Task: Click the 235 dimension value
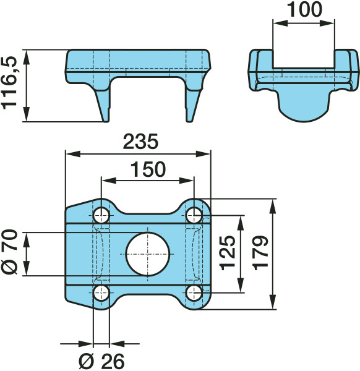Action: [x=140, y=142]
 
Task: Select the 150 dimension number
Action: [x=148, y=169]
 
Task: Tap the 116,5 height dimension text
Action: [x=9, y=83]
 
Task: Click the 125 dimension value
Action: [x=228, y=253]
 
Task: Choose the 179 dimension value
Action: [x=261, y=253]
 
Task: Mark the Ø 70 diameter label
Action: [x=9, y=252]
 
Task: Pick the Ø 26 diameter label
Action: [x=101, y=361]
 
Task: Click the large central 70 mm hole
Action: [x=147, y=254]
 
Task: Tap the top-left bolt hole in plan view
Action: [x=101, y=216]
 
